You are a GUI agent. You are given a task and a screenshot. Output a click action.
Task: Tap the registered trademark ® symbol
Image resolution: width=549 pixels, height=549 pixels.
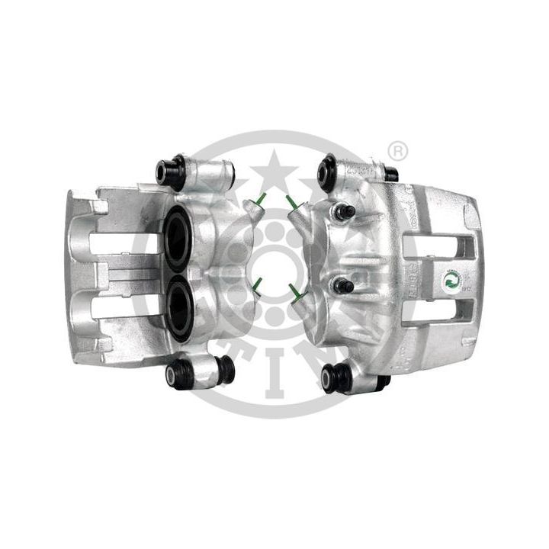pyautogui.click(x=396, y=150)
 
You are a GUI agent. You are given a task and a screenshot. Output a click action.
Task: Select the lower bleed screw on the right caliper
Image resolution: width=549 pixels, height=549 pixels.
pyautogui.click(x=343, y=285)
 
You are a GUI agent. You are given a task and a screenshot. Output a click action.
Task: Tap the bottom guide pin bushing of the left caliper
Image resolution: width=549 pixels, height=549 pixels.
pyautogui.click(x=179, y=374)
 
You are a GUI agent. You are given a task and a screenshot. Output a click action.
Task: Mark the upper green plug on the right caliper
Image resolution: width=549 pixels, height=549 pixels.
pyautogui.click(x=292, y=202)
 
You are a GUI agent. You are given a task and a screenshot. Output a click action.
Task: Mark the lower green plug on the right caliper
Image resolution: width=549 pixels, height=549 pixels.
pyautogui.click(x=293, y=289)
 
